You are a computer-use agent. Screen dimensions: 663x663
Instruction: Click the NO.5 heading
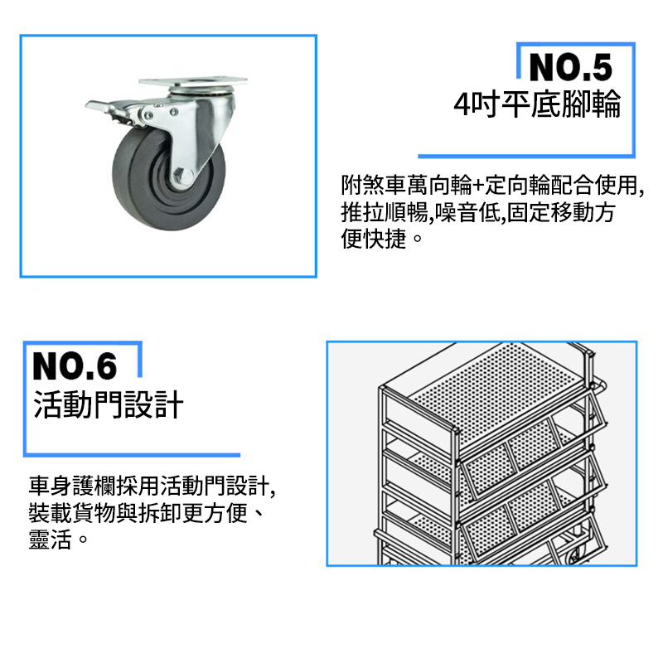pyautogui.click(x=570, y=68)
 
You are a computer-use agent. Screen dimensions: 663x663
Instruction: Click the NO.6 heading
pyautogui.click(x=75, y=366)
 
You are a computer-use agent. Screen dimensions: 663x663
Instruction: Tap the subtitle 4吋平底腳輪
pyautogui.click(x=537, y=104)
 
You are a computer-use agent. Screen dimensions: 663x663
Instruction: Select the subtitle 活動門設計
pyautogui.click(x=109, y=404)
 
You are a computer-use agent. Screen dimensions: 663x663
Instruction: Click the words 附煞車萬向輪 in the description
pyautogui.click(x=407, y=185)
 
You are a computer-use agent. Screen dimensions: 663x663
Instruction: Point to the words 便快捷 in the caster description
pyautogui.click(x=374, y=239)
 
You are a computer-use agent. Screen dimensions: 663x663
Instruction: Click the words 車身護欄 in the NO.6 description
pyautogui.click(x=72, y=486)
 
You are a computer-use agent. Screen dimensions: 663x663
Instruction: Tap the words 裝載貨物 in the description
pyautogui.click(x=72, y=513)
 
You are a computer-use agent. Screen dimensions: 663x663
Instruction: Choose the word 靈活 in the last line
pyautogui.click(x=51, y=540)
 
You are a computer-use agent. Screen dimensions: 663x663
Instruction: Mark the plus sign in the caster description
pyautogui.click(x=478, y=186)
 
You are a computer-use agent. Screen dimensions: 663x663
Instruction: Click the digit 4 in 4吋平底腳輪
pyautogui.click(x=462, y=104)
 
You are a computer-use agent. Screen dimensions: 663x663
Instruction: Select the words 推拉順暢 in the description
pyautogui.click(x=385, y=212)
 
